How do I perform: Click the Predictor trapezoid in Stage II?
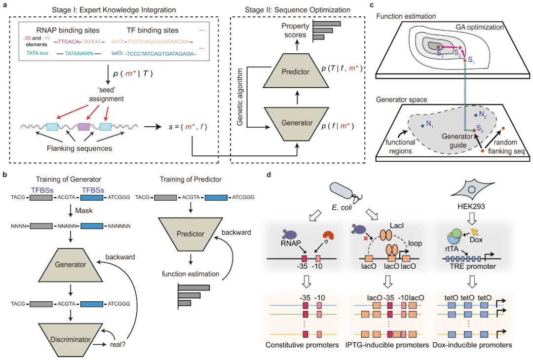pos(296,72)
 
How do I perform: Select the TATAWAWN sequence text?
pos(79,53)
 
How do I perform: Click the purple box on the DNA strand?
pos(84,127)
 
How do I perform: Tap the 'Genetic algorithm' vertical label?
pos(240,97)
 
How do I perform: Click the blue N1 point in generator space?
pos(422,126)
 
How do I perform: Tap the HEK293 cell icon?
pos(471,189)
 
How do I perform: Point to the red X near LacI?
pos(366,238)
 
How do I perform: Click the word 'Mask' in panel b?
pos(84,211)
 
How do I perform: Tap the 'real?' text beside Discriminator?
pos(117,345)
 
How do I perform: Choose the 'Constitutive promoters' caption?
pos(302,345)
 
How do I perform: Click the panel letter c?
pos(372,5)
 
